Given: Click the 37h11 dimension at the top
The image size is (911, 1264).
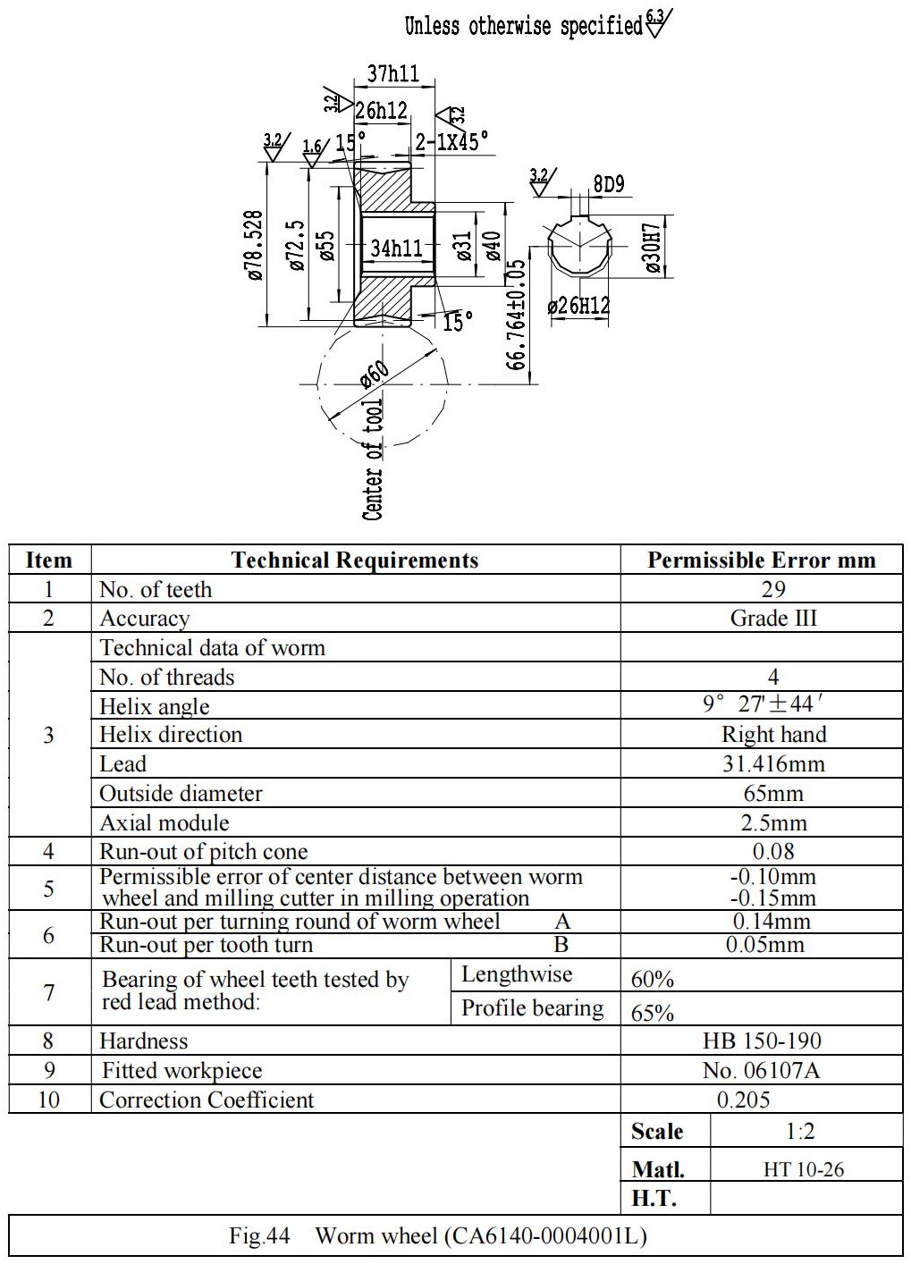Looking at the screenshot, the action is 393,74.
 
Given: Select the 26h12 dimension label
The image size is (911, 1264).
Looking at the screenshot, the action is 381,110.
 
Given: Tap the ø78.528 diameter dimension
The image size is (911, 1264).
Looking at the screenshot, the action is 255,245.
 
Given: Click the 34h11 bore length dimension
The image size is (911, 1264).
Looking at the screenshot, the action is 396,248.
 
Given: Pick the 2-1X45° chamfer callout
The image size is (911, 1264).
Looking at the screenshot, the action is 451,141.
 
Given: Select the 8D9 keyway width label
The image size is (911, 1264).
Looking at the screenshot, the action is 609,184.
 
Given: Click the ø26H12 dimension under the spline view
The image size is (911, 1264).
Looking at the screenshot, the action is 579,306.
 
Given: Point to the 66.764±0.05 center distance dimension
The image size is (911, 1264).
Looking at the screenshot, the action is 515,315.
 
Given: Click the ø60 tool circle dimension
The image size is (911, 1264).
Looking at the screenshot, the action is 375,375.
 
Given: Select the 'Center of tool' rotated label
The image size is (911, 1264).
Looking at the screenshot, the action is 373,459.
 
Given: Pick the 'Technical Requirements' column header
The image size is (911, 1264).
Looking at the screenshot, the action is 355,560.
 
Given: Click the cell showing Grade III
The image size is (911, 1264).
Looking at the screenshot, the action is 773,618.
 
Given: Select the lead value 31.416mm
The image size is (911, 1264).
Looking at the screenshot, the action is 773,763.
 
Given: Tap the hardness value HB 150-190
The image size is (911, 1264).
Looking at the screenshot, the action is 762,1041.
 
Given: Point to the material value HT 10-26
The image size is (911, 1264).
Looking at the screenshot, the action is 804,1170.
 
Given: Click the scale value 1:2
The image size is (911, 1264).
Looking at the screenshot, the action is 800,1132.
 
